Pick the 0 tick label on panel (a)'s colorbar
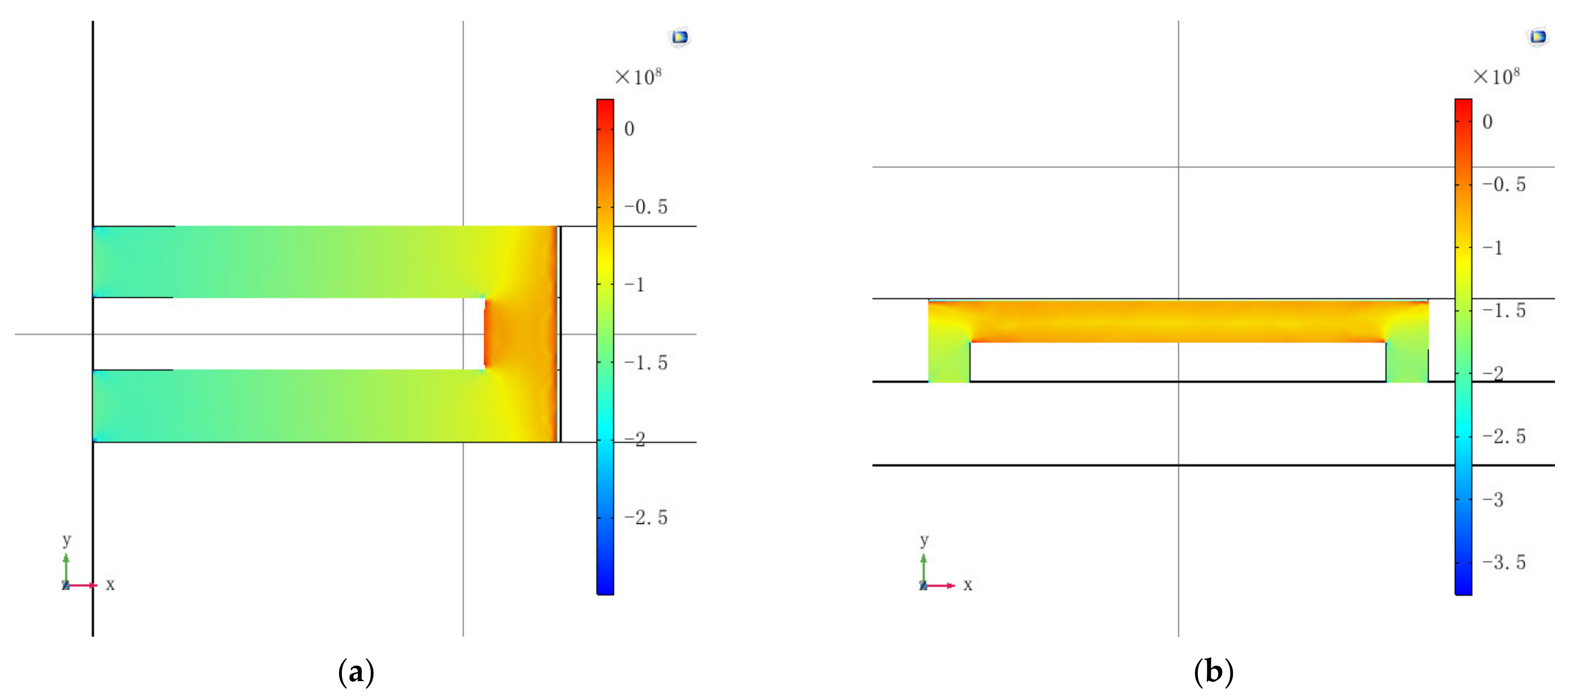pyautogui.click(x=629, y=129)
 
